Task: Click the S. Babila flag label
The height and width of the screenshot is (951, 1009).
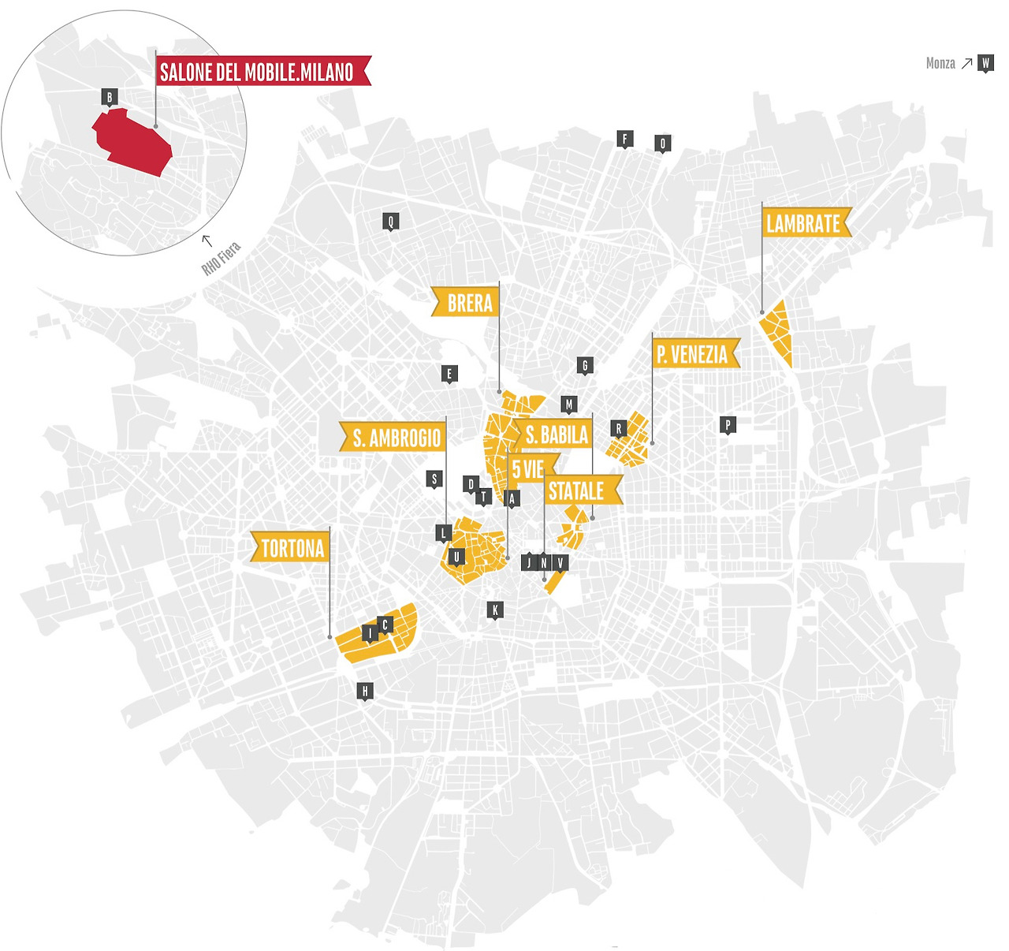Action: (x=555, y=434)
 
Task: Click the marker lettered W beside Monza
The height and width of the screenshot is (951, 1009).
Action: (x=985, y=63)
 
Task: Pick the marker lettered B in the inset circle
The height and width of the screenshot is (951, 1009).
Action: (x=110, y=98)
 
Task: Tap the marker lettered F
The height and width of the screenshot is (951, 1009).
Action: (x=625, y=140)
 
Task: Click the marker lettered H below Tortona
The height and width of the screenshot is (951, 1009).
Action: (x=364, y=692)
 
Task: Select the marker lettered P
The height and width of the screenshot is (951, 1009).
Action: (x=728, y=425)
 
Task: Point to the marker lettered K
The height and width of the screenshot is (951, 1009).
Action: (x=496, y=610)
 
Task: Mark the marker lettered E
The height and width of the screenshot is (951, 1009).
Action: (x=449, y=374)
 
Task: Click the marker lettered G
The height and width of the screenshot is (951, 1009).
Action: (x=585, y=365)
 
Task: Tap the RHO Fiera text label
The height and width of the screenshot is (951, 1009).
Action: (x=222, y=259)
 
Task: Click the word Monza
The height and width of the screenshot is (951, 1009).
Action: (x=940, y=63)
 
